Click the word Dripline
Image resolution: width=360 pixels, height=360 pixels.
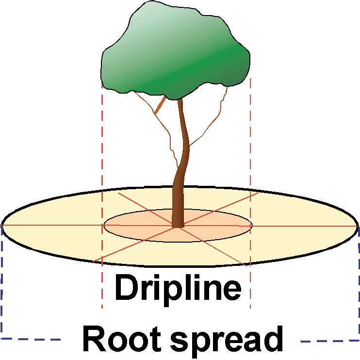pos(178,288)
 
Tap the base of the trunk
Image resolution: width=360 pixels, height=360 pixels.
pos(178,225)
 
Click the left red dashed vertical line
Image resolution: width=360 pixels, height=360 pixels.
pos(102,146)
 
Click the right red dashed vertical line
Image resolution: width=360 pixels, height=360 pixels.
pos(250,146)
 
